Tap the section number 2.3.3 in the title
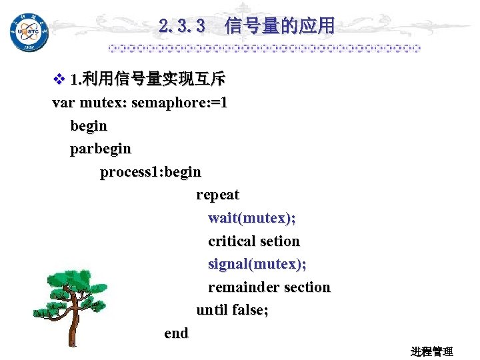click(x=181, y=27)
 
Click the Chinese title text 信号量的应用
click(x=280, y=27)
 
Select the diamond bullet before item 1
click(x=58, y=81)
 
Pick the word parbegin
click(x=101, y=149)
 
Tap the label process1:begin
click(x=151, y=172)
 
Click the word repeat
click(x=217, y=195)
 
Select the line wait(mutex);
click(x=252, y=218)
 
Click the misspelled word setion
click(x=280, y=241)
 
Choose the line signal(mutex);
click(x=257, y=264)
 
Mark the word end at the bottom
click(x=176, y=333)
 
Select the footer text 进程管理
click(x=432, y=351)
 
